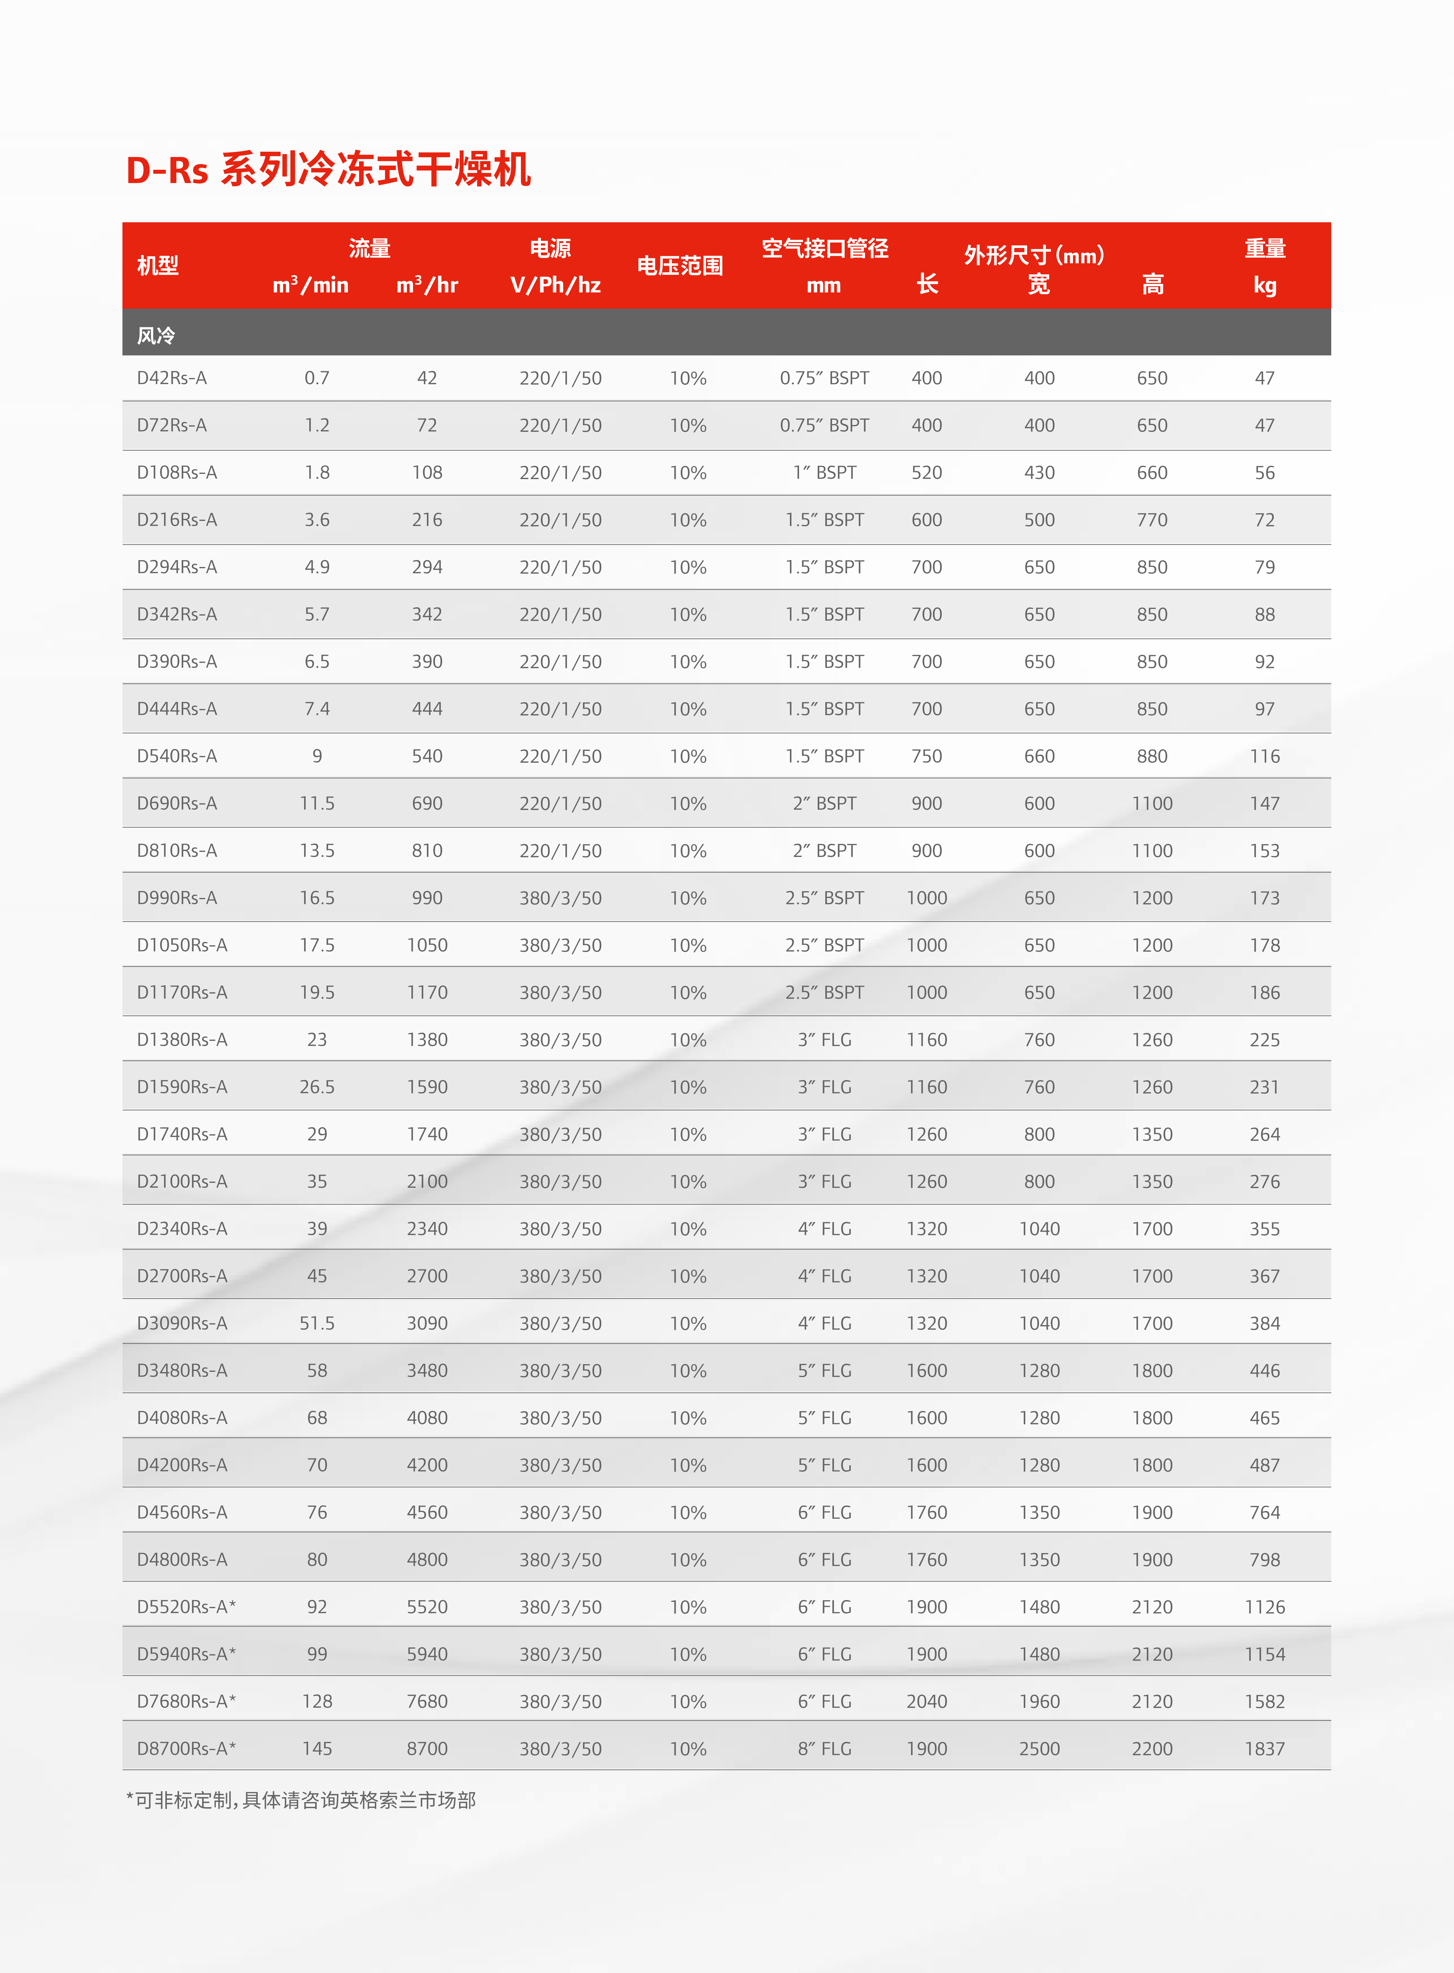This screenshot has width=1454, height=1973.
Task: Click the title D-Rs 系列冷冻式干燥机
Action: point(328,170)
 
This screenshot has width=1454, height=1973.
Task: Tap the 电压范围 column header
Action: point(679,266)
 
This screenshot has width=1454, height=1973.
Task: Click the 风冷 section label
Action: point(156,335)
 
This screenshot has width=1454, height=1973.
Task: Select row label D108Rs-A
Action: point(177,473)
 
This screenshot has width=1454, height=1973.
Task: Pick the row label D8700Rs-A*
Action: point(186,1749)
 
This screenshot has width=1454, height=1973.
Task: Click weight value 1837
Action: point(1264,1749)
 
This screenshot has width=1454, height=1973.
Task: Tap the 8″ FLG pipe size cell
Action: point(825,1749)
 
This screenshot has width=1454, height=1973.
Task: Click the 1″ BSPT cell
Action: point(825,473)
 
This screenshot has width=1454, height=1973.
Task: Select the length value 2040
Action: point(927,1701)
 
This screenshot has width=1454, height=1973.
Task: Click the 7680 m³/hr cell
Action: point(427,1701)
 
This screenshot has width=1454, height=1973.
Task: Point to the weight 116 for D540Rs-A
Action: point(1264,756)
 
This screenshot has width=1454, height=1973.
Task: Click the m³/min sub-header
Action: point(310,285)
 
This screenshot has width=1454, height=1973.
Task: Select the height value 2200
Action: point(1152,1749)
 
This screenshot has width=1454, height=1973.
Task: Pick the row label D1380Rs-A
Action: point(181,1039)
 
